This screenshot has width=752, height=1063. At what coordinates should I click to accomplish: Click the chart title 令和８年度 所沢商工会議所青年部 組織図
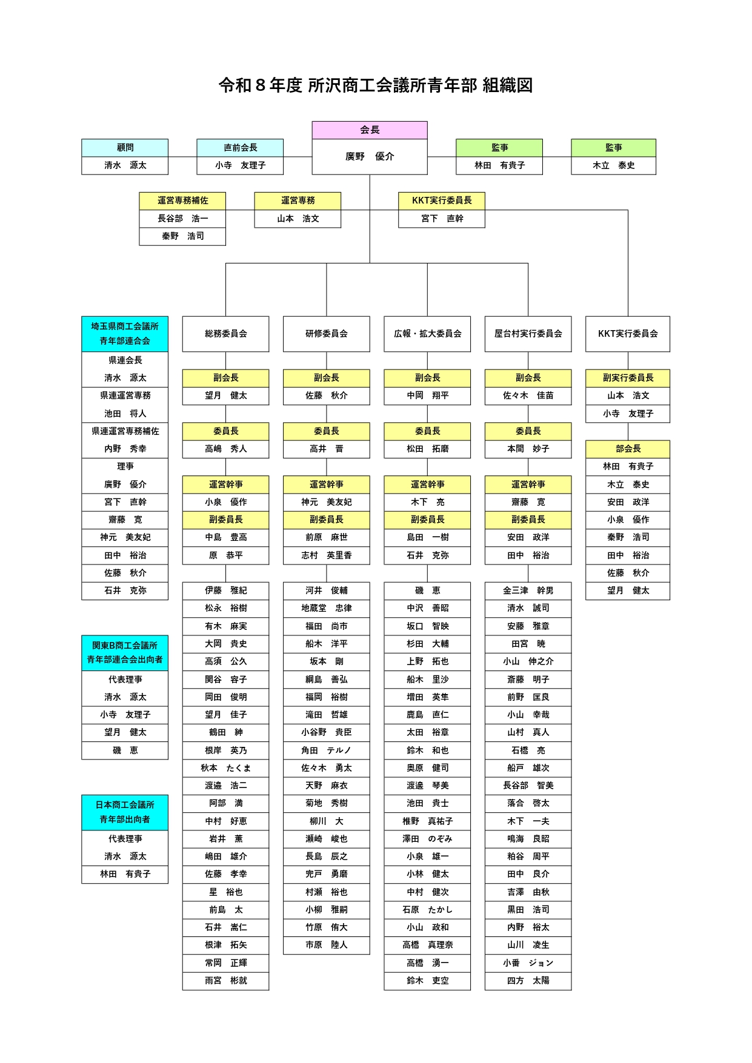tap(376, 85)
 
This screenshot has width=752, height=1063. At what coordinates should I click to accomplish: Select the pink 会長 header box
tap(370, 130)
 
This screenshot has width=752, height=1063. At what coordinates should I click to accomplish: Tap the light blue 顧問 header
tap(125, 148)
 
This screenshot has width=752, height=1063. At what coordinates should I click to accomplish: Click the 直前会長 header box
tap(240, 148)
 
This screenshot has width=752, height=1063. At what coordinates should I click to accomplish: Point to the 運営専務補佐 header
tap(182, 200)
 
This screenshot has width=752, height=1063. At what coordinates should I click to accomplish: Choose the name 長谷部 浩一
tap(182, 219)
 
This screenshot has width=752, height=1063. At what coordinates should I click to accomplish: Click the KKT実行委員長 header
tap(442, 200)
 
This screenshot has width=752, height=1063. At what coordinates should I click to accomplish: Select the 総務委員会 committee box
tap(225, 334)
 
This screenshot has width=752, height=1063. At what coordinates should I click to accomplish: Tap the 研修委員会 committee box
tap(326, 334)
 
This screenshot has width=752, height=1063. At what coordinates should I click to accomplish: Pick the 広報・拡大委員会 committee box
tap(427, 334)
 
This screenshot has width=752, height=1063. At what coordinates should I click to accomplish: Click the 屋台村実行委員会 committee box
tap(528, 334)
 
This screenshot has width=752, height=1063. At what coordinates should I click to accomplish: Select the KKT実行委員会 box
tap(628, 334)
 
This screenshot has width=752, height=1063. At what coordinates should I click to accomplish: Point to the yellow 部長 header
tap(628, 449)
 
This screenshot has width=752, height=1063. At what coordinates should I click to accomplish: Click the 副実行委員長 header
tap(628, 378)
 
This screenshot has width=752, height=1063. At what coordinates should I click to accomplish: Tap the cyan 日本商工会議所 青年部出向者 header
tap(125, 812)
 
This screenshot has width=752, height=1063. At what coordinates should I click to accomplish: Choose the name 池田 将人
tap(125, 414)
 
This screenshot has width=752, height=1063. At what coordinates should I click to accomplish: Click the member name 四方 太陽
tap(528, 981)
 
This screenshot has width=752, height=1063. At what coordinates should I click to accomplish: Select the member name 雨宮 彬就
tap(225, 981)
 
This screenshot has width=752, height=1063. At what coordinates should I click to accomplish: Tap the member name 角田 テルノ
tap(326, 750)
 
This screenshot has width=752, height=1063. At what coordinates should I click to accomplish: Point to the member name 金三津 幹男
tap(528, 591)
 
